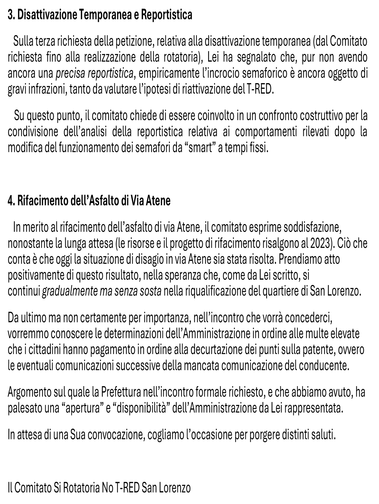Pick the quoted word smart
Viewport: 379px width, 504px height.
[201, 148]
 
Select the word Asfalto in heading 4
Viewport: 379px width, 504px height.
[104, 201]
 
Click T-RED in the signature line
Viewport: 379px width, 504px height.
[127, 488]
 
